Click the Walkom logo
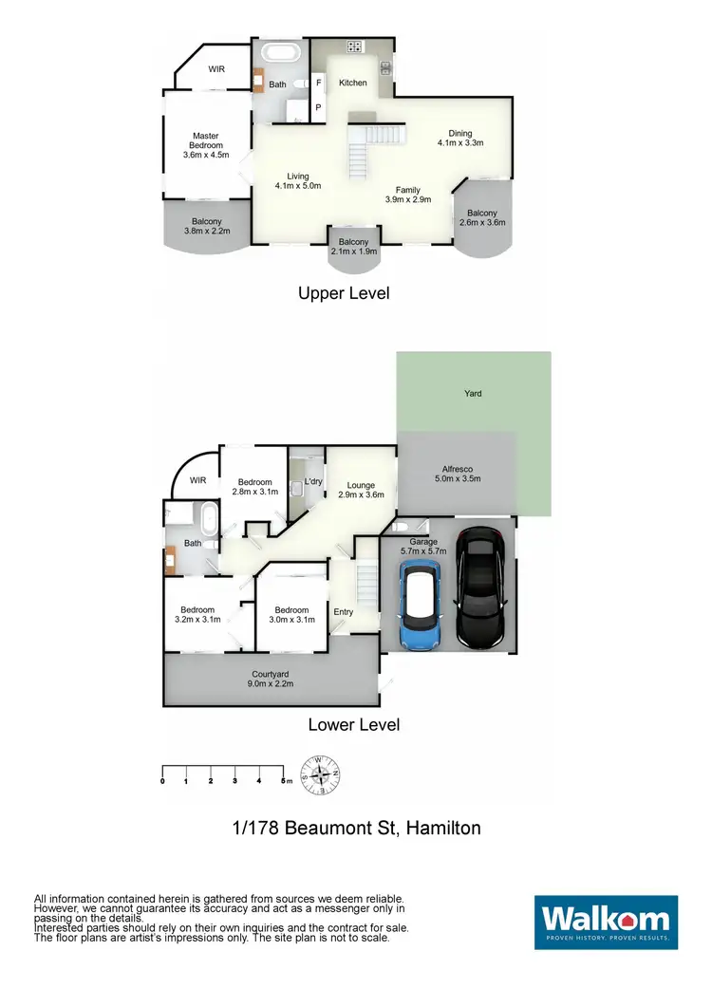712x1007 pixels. tap(607, 922)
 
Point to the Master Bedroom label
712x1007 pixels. tap(206, 145)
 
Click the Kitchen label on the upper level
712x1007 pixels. tap(353, 84)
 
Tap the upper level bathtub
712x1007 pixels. tap(279, 52)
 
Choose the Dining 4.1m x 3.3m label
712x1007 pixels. tap(460, 139)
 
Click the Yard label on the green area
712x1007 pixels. tap(473, 393)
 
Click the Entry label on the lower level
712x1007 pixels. tap(343, 612)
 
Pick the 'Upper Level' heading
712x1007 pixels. tap(344, 293)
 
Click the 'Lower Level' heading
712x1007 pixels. tap(353, 725)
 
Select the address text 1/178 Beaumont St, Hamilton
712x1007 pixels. tap(356, 828)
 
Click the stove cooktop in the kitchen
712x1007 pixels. tap(355, 47)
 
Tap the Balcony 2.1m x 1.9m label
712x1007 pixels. tap(354, 247)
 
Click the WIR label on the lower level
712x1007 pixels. tap(197, 481)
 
